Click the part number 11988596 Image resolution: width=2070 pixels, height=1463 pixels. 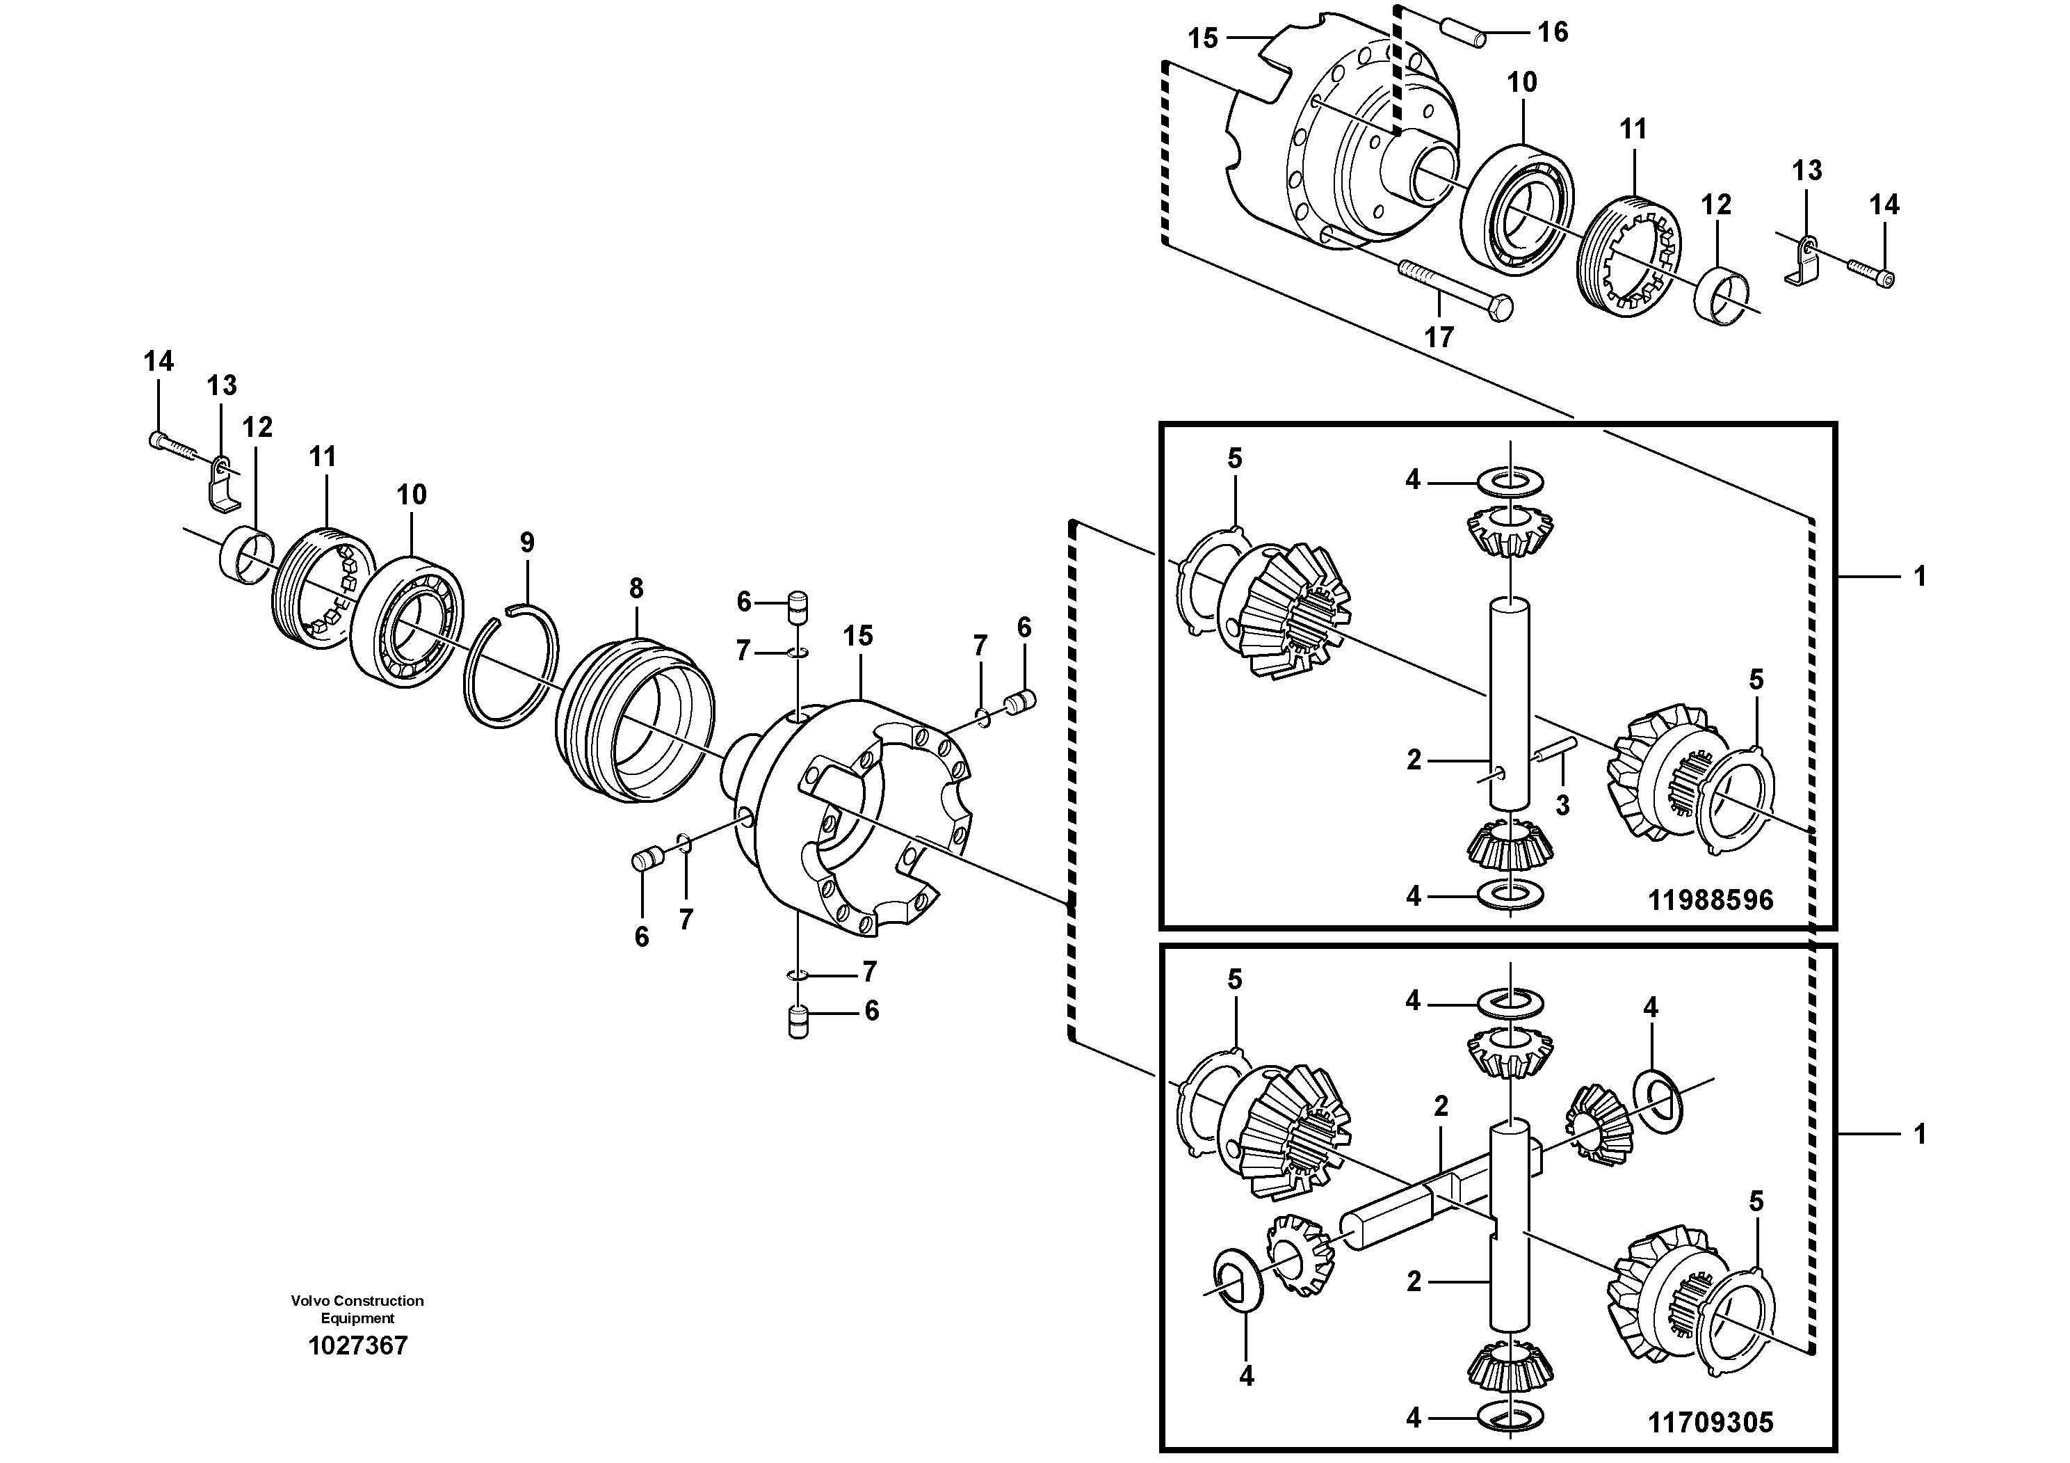tap(1711, 900)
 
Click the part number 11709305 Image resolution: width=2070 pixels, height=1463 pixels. tap(1711, 1423)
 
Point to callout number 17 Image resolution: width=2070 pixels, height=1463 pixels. tap(1439, 337)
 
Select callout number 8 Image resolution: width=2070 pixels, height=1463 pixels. tap(636, 589)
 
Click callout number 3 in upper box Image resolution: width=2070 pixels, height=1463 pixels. tap(1562, 806)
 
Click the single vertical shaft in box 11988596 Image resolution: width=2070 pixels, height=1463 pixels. tap(1510, 703)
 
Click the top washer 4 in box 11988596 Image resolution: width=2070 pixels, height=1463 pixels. tap(1510, 480)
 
